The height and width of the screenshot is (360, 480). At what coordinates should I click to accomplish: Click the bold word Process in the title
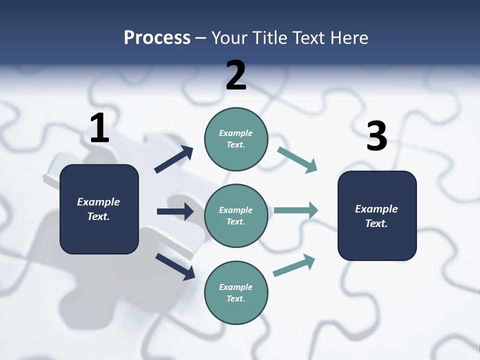pyautogui.click(x=157, y=37)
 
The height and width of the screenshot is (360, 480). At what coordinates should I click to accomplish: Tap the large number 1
pyautogui.click(x=99, y=128)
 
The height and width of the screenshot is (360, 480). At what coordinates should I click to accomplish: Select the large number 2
pyautogui.click(x=236, y=75)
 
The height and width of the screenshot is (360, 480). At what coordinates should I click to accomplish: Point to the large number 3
pyautogui.click(x=376, y=136)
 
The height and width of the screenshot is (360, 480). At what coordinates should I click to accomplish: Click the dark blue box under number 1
pyautogui.click(x=99, y=235)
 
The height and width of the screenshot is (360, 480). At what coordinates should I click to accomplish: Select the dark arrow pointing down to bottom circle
pyautogui.click(x=175, y=266)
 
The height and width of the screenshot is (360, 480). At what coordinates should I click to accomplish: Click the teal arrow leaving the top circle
pyautogui.click(x=297, y=160)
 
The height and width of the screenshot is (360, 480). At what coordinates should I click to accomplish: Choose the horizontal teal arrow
pyautogui.click(x=295, y=210)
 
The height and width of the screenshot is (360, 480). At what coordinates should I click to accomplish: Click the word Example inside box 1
pyautogui.click(x=98, y=202)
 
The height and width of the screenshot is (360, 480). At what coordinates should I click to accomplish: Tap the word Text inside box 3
pyautogui.click(x=376, y=223)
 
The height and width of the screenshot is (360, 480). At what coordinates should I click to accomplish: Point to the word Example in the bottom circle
pyautogui.click(x=235, y=287)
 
